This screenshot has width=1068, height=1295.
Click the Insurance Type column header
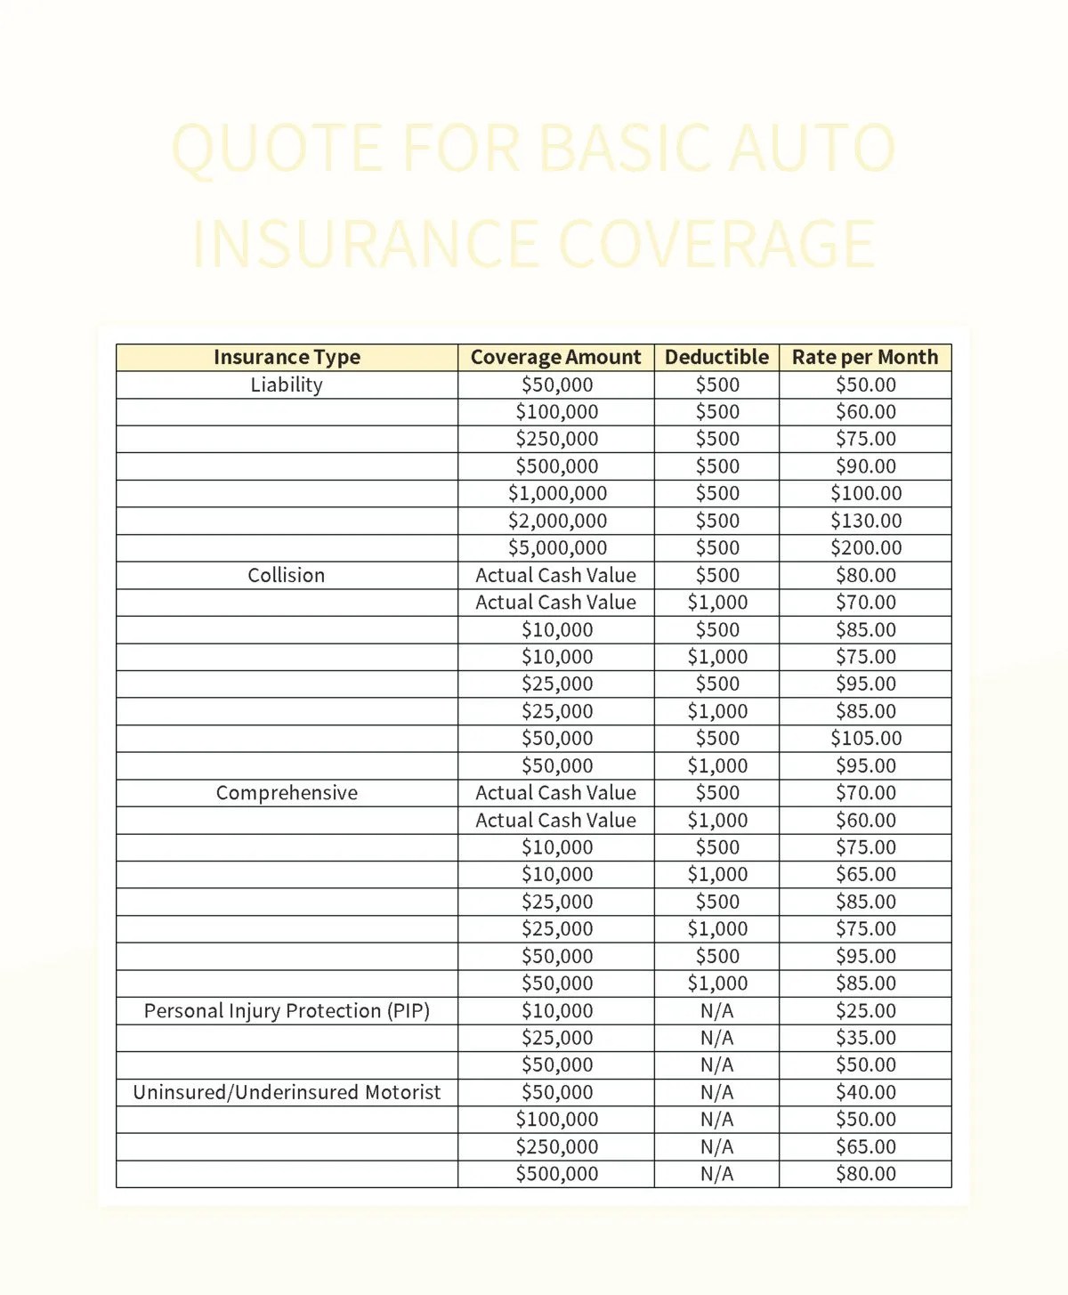[x=287, y=357]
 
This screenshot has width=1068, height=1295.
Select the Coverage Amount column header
[x=555, y=357]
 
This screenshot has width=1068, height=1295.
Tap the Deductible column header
[x=716, y=357]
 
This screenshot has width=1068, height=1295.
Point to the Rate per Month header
[x=865, y=357]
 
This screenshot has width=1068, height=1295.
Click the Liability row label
[x=287, y=384]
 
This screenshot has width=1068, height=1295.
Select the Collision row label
[x=287, y=575]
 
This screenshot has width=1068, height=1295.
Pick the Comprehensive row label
[x=287, y=793]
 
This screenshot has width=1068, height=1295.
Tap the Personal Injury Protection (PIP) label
[x=287, y=1011]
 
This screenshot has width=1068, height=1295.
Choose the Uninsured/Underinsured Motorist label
[x=287, y=1092]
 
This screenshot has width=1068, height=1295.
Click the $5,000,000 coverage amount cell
[x=557, y=548]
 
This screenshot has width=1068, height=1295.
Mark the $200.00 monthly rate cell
[x=866, y=548]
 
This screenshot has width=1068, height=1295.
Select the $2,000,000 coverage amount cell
[x=557, y=521]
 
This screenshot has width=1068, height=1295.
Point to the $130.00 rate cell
[x=866, y=521]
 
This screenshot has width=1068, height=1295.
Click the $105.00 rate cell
[x=866, y=739]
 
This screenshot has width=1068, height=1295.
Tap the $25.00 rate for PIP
[x=866, y=1011]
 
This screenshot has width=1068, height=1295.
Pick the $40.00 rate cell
[x=866, y=1092]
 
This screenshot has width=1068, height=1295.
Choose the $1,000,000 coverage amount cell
[x=557, y=493]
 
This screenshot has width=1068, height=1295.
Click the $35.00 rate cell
[x=866, y=1038]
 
